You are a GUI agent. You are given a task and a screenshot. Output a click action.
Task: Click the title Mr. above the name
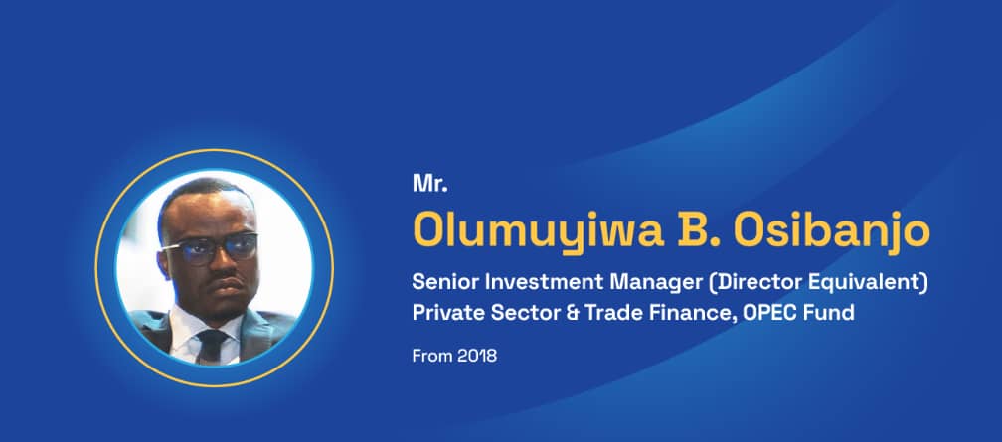click(429, 184)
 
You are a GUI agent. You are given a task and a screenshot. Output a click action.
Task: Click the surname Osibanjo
click(832, 231)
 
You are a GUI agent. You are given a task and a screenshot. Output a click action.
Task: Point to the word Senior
click(442, 282)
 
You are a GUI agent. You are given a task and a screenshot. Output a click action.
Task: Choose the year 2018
click(477, 356)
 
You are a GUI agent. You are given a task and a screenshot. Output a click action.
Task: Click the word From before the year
click(431, 356)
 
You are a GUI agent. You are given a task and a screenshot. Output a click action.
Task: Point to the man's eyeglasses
click(210, 248)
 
